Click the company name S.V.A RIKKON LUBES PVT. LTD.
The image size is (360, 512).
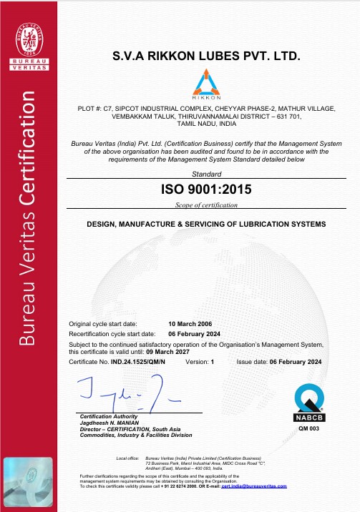click(x=202, y=56)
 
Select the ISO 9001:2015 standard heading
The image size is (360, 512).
click(x=203, y=190)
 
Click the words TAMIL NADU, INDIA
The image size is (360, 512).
click(x=203, y=123)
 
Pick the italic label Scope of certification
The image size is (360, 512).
click(x=203, y=205)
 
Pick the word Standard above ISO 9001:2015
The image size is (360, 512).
click(x=203, y=174)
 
